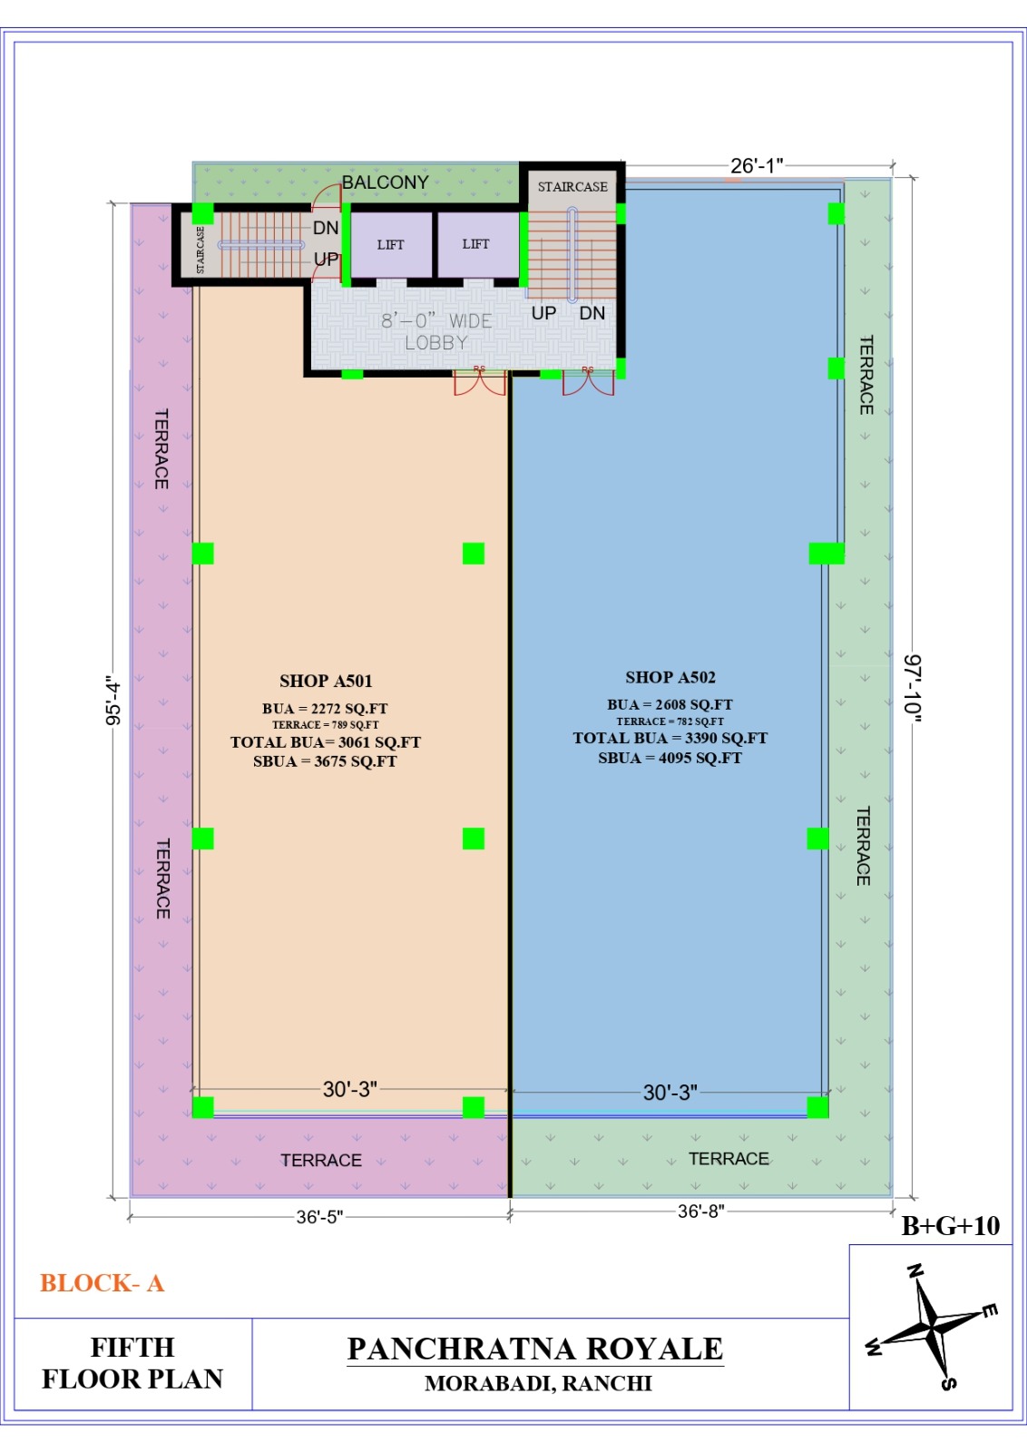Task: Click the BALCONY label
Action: pyautogui.click(x=385, y=182)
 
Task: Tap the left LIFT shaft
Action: pyautogui.click(x=391, y=244)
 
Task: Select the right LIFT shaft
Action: pyautogui.click(x=477, y=244)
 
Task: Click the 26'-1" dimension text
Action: pyautogui.click(x=757, y=166)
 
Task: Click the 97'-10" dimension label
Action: pyautogui.click(x=913, y=688)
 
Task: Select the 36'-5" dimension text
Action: pyautogui.click(x=319, y=1217)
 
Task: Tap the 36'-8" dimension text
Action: pyautogui.click(x=701, y=1212)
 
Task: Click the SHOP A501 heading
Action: pyautogui.click(x=326, y=681)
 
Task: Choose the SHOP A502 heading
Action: pyautogui.click(x=670, y=677)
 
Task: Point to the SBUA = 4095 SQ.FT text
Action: pyautogui.click(x=670, y=758)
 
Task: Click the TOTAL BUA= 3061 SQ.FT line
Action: pyautogui.click(x=326, y=742)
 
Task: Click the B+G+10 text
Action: pyautogui.click(x=951, y=1226)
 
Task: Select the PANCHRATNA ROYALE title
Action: pyautogui.click(x=535, y=1349)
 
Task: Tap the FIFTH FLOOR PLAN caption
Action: pyautogui.click(x=132, y=1363)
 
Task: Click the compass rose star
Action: pyautogui.click(x=932, y=1330)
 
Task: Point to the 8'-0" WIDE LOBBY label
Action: pyautogui.click(x=436, y=331)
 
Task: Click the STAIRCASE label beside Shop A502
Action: pyautogui.click(x=572, y=187)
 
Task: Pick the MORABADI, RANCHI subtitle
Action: pyautogui.click(x=538, y=1384)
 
